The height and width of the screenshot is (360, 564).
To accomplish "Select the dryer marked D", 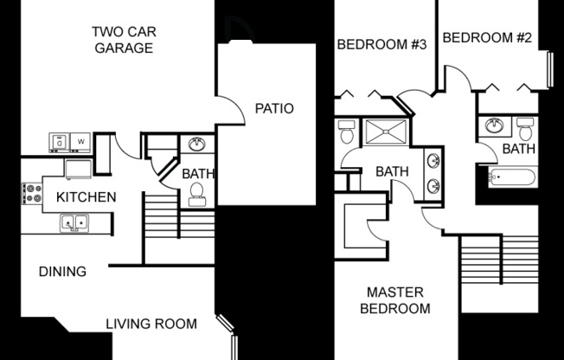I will point(60,140).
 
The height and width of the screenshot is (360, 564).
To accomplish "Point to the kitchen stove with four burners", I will point(33,192).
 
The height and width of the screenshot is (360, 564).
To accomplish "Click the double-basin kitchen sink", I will point(76,223).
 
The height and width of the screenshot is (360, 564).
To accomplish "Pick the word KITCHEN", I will point(86,197).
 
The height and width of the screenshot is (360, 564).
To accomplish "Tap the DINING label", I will point(62,272).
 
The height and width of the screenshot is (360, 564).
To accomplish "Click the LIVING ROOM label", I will point(151,325).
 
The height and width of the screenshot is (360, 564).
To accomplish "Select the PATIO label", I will point(274,109).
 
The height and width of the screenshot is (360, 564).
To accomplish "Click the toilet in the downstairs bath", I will point(196,194).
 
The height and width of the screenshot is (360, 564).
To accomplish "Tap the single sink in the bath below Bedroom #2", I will point(495,126).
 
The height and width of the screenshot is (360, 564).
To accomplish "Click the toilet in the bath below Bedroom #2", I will point(525,128).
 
